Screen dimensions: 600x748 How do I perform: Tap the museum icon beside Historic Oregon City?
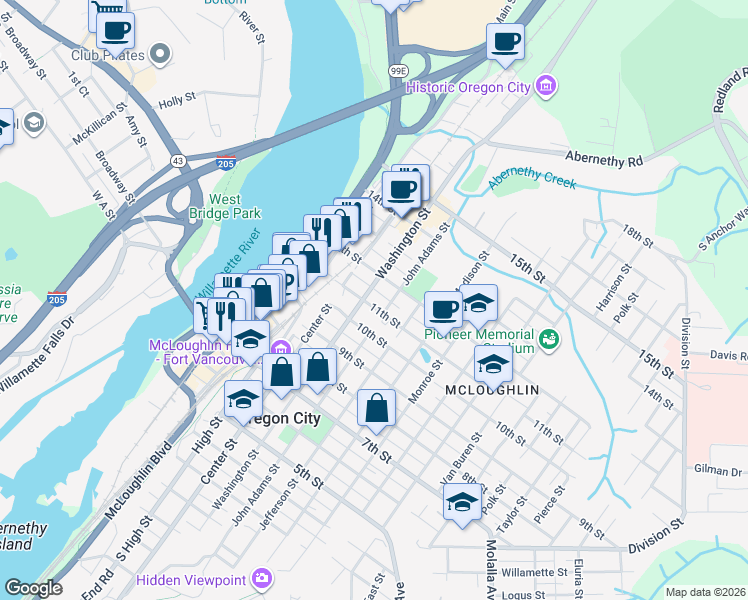point(545,86)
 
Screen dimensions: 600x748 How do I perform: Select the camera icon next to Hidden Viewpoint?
point(261,578)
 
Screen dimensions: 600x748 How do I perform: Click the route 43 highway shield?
point(177,160)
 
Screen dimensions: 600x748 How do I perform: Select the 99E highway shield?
point(399,71)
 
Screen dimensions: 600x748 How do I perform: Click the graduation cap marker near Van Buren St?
point(463,502)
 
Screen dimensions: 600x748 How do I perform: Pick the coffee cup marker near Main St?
point(505,42)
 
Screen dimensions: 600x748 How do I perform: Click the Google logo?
point(34,588)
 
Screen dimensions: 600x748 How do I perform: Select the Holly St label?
point(175,101)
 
